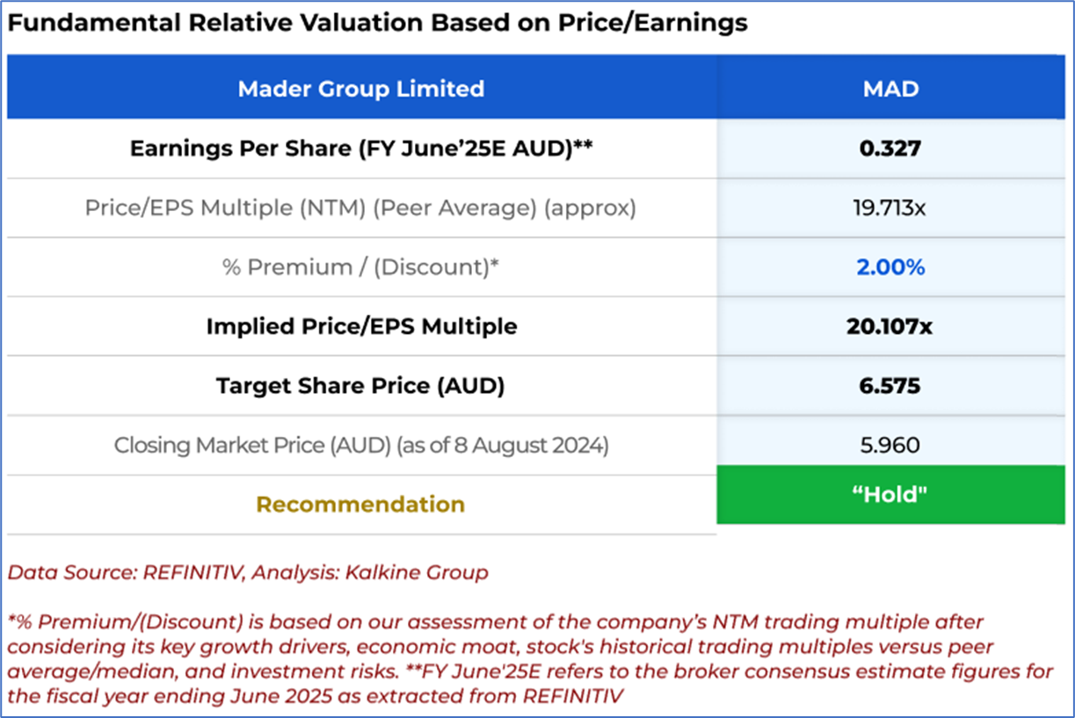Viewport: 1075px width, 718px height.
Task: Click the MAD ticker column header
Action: pyautogui.click(x=890, y=89)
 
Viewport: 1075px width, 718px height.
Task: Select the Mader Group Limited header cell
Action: pyautogui.click(x=361, y=89)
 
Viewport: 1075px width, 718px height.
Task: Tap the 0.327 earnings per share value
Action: pyautogui.click(x=890, y=149)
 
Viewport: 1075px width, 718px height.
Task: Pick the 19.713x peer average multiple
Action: pyautogui.click(x=890, y=208)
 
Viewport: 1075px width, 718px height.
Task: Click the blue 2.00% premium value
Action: pyautogui.click(x=890, y=267)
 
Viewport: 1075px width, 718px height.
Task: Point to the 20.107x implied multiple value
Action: pyautogui.click(x=890, y=327)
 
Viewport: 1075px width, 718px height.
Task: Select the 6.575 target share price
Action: pyautogui.click(x=890, y=386)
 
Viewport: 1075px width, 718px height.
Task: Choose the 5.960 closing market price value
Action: pyautogui.click(x=890, y=445)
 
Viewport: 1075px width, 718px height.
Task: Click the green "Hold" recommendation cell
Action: pyautogui.click(x=890, y=494)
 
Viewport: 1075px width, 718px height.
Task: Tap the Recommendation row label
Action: pyautogui.click(x=360, y=504)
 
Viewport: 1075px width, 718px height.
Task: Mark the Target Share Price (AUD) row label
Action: pyautogui.click(x=360, y=386)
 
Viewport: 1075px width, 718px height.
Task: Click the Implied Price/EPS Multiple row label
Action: pyautogui.click(x=361, y=327)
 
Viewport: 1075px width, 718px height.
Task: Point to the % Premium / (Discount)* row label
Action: pyautogui.click(x=360, y=267)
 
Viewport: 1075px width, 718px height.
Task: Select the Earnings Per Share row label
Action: pyautogui.click(x=360, y=149)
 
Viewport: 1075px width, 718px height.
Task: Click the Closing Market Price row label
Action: pyautogui.click(x=360, y=445)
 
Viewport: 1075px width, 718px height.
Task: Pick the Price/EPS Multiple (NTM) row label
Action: pyautogui.click(x=360, y=208)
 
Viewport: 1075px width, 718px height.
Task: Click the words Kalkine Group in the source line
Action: pyautogui.click(x=428, y=573)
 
